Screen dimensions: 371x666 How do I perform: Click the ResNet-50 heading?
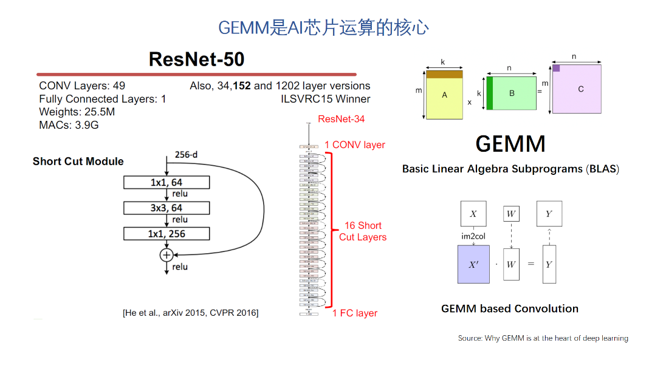(x=196, y=59)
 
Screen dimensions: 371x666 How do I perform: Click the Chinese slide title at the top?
(x=323, y=27)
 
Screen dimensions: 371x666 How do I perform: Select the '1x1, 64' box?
(x=166, y=182)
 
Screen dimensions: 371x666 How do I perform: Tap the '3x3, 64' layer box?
(x=166, y=208)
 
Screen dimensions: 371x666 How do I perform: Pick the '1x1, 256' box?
(x=166, y=234)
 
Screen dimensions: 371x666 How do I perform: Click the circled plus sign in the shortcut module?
(x=166, y=255)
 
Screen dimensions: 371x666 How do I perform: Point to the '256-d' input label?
(x=186, y=155)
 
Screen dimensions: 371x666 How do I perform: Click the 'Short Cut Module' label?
(x=78, y=162)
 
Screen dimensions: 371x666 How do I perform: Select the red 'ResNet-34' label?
(x=342, y=119)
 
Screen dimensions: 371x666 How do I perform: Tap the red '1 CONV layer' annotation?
(x=355, y=145)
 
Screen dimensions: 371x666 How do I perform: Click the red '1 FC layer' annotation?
(x=355, y=313)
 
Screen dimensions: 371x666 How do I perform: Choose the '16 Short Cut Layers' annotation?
(x=363, y=231)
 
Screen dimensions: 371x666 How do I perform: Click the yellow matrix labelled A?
(x=444, y=95)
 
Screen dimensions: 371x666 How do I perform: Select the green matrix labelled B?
(x=512, y=94)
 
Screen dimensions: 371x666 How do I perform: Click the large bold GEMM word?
(x=510, y=144)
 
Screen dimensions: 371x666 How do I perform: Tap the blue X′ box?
(x=473, y=264)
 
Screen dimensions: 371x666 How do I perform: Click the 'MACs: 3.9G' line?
(x=69, y=125)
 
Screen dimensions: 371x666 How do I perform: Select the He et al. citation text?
(x=190, y=313)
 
